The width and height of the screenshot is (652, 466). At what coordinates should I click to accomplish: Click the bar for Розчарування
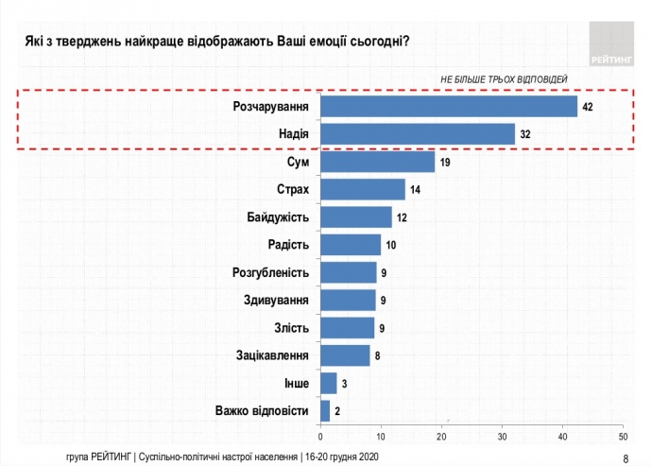(449, 106)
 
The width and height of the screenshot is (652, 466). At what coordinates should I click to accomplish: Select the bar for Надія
(418, 134)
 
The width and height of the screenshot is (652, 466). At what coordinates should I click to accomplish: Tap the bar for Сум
(378, 162)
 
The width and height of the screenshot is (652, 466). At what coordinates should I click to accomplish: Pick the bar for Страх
(363, 189)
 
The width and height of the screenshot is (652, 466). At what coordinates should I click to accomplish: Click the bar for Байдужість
(356, 216)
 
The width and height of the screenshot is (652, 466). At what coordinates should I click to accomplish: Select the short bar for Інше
(329, 383)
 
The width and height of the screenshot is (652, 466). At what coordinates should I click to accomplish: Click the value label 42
(587, 107)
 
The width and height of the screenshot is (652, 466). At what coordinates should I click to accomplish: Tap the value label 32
(525, 134)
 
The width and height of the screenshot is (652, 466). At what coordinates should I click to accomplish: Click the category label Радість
(289, 245)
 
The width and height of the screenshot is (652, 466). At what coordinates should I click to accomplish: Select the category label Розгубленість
(270, 273)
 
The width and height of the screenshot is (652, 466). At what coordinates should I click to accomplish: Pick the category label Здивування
(276, 301)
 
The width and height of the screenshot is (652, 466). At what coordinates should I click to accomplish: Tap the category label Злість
(292, 328)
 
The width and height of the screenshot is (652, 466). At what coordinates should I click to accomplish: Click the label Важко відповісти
(262, 410)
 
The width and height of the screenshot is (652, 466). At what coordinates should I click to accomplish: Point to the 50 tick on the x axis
(623, 437)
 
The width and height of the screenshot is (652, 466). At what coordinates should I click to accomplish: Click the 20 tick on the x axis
(442, 437)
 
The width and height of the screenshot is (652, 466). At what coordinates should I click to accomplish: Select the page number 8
(626, 458)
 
